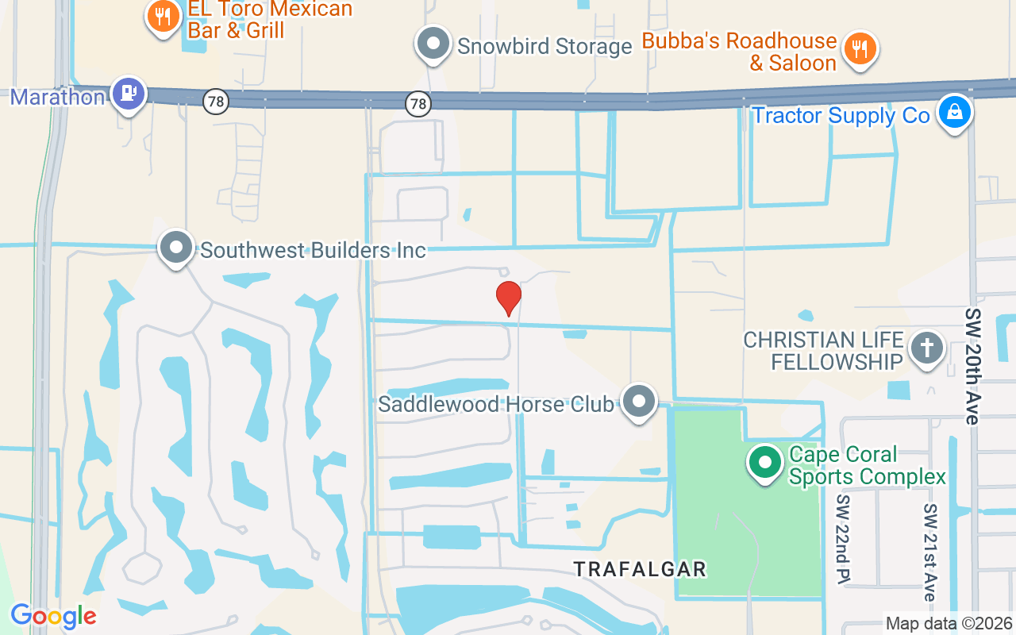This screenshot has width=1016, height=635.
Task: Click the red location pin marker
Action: (x=508, y=298)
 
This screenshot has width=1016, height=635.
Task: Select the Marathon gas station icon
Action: (x=128, y=94)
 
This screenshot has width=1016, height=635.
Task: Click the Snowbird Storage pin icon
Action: (x=433, y=45)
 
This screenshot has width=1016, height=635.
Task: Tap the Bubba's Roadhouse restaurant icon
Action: (x=860, y=49)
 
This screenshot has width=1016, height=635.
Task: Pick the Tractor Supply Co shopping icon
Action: (x=954, y=114)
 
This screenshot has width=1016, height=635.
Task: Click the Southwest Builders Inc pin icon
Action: (x=176, y=248)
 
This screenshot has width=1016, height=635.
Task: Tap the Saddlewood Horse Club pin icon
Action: (x=638, y=402)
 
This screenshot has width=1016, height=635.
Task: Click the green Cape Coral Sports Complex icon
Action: (x=765, y=462)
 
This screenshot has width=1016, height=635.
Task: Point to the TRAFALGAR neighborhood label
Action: (x=640, y=569)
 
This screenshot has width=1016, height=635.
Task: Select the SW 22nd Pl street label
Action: (x=842, y=537)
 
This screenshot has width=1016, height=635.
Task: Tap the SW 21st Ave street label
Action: (x=930, y=551)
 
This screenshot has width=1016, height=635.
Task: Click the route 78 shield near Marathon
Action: (x=215, y=102)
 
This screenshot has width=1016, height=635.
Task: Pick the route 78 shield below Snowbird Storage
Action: (x=418, y=103)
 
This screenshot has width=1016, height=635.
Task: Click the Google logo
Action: (x=53, y=616)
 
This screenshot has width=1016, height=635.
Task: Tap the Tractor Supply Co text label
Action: (x=841, y=116)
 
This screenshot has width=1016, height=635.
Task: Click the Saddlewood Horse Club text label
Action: (x=495, y=404)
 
